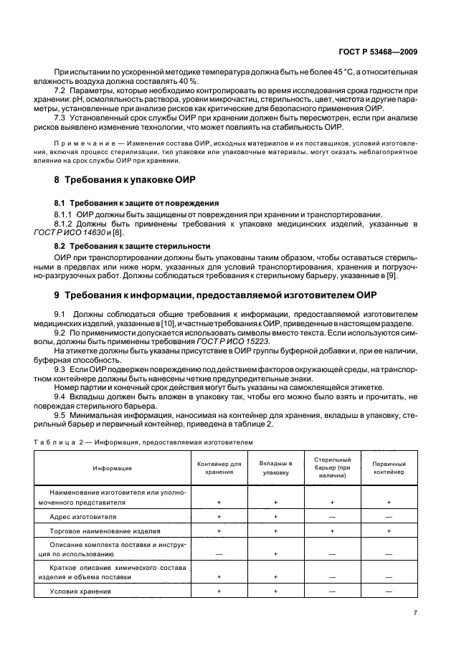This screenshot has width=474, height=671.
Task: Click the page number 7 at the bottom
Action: pos(416,613)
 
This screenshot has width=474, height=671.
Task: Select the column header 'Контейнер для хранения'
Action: pos(219,468)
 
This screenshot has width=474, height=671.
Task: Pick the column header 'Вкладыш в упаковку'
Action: pos(275,468)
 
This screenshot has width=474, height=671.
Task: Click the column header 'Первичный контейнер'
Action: pos(389,468)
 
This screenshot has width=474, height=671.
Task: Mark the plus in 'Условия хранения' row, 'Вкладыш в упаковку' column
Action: pos(275,591)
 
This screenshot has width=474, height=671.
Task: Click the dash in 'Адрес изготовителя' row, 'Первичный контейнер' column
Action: pos(389,516)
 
